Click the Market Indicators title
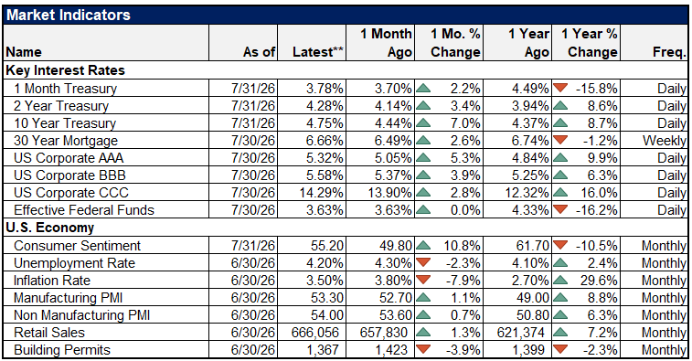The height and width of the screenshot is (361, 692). click(69, 15)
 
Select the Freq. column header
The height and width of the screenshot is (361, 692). click(669, 52)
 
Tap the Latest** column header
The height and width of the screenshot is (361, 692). click(318, 52)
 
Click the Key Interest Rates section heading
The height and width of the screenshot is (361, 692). click(65, 70)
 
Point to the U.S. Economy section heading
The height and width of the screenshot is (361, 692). click(50, 228)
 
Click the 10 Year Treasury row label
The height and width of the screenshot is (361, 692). click(65, 123)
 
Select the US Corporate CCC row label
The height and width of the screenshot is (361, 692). click(71, 193)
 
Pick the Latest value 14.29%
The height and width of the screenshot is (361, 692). click(320, 193)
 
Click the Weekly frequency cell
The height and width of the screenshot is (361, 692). click(665, 141)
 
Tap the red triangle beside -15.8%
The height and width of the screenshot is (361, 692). click(560, 88)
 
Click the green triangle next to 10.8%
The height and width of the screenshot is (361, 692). click(423, 245)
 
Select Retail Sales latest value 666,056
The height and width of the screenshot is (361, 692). click(315, 333)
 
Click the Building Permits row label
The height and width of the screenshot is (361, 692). click(62, 350)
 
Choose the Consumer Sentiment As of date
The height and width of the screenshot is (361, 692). click(253, 245)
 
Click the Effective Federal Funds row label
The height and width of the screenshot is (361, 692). click(84, 210)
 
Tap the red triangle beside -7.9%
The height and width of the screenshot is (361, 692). click(423, 280)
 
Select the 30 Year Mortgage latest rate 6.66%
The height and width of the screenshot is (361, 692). click(325, 141)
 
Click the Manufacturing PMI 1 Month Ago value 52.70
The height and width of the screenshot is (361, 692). click(393, 298)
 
